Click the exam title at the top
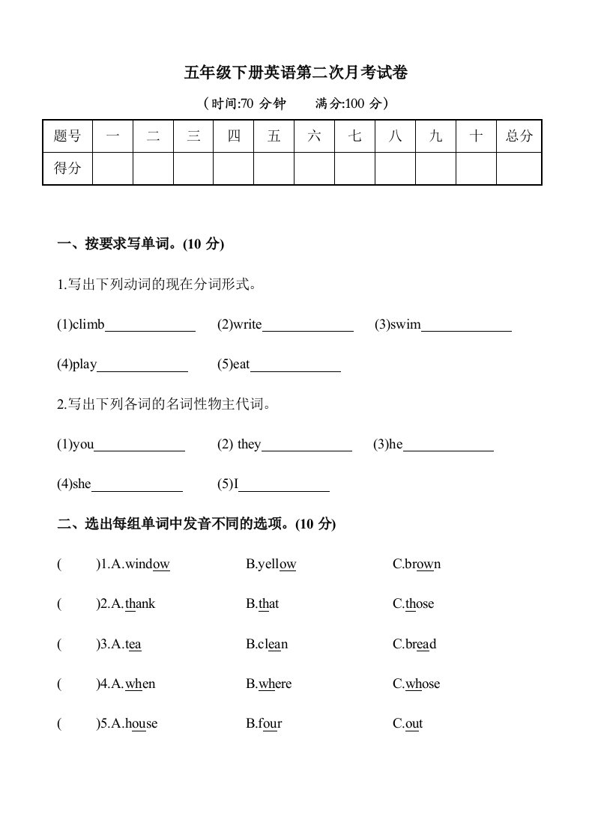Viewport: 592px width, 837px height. (296, 73)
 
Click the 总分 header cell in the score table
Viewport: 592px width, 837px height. (519, 136)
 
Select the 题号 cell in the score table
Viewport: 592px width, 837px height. (67, 136)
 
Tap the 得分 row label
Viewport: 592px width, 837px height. (67, 168)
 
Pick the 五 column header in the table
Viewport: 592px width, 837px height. (274, 136)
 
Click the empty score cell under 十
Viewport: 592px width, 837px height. (476, 168)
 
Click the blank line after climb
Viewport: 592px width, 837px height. (150, 326)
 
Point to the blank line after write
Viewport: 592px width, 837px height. (308, 326)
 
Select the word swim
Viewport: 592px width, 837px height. (405, 325)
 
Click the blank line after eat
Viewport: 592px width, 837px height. (295, 366)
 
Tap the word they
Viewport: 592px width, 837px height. (249, 445)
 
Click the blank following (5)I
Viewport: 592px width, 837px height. (284, 485)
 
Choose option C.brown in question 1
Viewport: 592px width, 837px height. (417, 564)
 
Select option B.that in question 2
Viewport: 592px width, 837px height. (262, 604)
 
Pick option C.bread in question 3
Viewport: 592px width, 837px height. (414, 645)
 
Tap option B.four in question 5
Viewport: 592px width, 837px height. (264, 724)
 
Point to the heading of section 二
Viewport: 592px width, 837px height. (196, 525)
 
